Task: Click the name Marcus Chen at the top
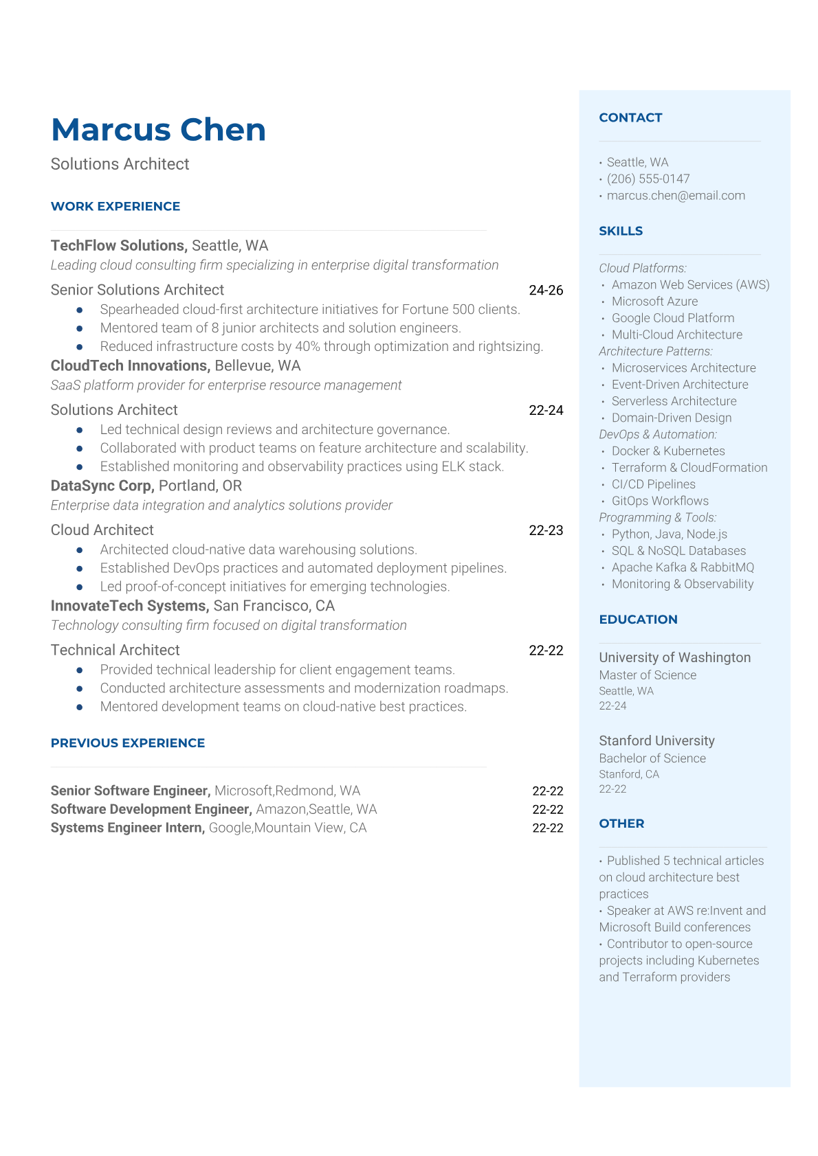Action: pos(158,129)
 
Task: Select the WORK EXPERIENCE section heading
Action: pos(115,206)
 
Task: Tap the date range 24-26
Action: pos(546,291)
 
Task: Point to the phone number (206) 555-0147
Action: pos(648,179)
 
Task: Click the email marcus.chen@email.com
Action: pos(675,196)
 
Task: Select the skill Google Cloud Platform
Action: pos(672,318)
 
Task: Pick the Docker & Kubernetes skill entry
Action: pos(667,451)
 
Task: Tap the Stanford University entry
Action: pos(656,740)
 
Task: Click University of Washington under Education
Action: pos(674,657)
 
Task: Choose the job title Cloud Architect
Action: pos(102,530)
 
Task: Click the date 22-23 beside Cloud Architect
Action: pos(546,531)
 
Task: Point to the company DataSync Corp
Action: pos(102,486)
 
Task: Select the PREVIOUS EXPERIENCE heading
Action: pos(128,743)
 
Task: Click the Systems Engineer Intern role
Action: pos(127,828)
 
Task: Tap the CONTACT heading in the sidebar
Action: pos(630,117)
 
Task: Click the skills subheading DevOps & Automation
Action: pos(657,435)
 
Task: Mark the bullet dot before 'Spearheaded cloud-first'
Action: pos(80,310)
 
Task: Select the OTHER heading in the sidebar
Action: pos(621,824)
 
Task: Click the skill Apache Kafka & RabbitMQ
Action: pos(682,567)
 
